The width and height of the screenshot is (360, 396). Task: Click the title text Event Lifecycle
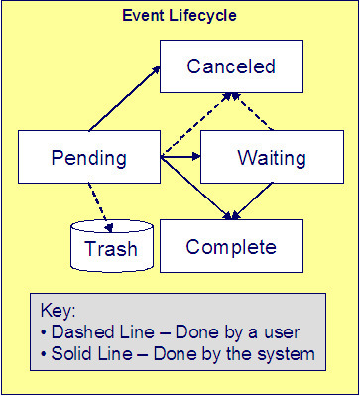tap(180, 17)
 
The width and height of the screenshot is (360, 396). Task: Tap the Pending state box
tap(88, 158)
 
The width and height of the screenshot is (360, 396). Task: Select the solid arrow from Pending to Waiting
tap(180, 158)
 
